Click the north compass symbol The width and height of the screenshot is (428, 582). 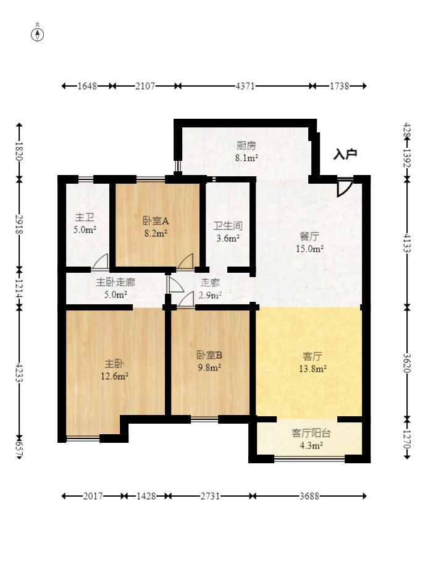[38, 33]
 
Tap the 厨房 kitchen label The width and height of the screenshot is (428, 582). [246, 152]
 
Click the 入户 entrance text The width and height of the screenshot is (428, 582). [345, 155]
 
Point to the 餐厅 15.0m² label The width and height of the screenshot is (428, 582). [309, 242]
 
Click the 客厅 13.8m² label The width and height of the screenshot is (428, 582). [313, 362]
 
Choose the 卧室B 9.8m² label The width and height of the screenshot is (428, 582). [209, 361]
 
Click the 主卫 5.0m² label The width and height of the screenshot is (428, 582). [85, 224]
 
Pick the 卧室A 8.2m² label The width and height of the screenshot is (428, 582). [156, 226]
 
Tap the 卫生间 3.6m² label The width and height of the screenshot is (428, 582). [227, 232]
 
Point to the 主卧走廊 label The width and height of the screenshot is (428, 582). [115, 288]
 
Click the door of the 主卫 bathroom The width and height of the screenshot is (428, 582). [100, 262]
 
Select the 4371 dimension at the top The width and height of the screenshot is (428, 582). [245, 86]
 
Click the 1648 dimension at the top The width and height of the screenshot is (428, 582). [88, 86]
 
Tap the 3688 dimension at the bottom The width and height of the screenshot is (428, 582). [310, 496]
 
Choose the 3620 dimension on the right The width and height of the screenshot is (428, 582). [407, 362]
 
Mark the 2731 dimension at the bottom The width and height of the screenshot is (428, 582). [211, 496]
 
